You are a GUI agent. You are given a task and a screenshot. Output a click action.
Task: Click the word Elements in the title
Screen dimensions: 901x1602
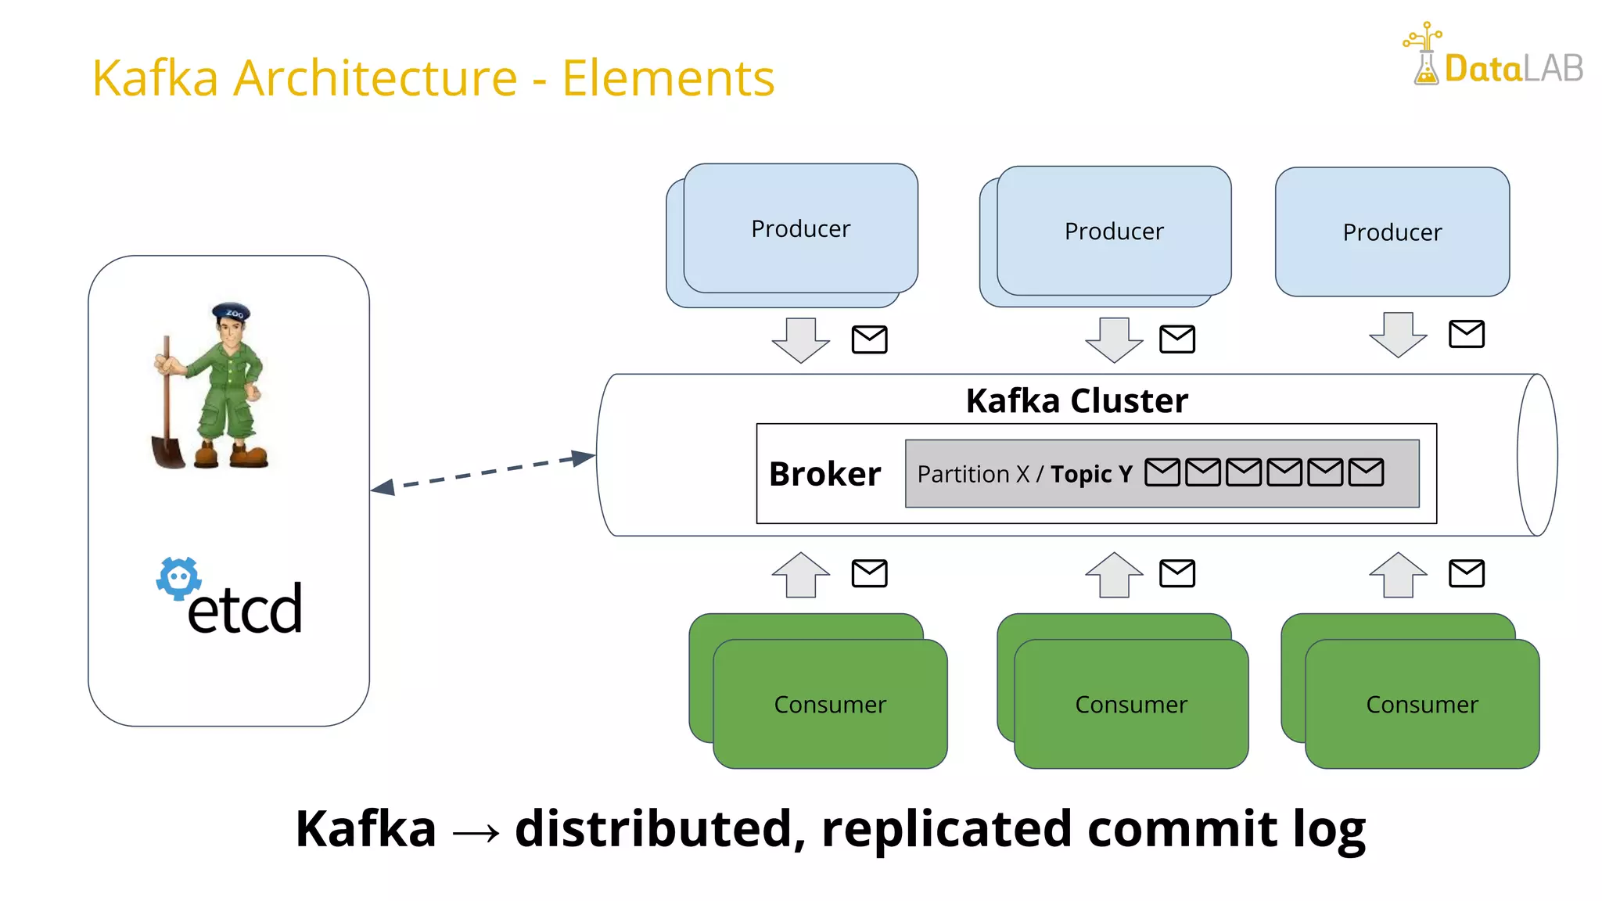[668, 78]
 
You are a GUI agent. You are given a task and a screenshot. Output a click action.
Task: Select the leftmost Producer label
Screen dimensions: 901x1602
[800, 229]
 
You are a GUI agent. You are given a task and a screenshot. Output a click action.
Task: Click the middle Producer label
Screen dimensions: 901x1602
[1114, 232]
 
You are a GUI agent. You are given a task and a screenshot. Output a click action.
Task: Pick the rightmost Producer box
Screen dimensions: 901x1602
[1392, 232]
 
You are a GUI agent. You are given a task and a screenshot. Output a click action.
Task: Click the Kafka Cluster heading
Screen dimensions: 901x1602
[1076, 400]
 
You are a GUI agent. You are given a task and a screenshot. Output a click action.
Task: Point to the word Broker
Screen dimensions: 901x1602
[824, 474]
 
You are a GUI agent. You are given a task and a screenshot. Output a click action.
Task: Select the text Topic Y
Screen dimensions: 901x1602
[1091, 474]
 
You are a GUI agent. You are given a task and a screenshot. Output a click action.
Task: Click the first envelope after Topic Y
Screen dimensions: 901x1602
[1162, 472]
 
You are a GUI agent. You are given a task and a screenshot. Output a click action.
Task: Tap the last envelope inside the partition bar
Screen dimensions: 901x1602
[1366, 472]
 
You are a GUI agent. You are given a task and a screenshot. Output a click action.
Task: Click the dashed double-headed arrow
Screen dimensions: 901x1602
[483, 472]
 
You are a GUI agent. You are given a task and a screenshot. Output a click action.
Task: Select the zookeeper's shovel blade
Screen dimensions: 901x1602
[167, 452]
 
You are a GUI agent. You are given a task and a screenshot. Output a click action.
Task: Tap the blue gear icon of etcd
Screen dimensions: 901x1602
[179, 579]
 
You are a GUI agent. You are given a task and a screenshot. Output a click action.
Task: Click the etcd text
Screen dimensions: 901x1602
[245, 609]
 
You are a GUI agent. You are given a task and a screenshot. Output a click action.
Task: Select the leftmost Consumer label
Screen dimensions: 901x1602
[830, 705]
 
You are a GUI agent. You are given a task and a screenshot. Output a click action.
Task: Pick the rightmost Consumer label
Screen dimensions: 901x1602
[1421, 705]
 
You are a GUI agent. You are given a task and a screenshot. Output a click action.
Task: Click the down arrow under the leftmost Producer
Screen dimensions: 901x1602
[800, 339]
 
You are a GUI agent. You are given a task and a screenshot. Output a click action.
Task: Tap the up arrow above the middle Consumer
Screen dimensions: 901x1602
[1114, 575]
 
